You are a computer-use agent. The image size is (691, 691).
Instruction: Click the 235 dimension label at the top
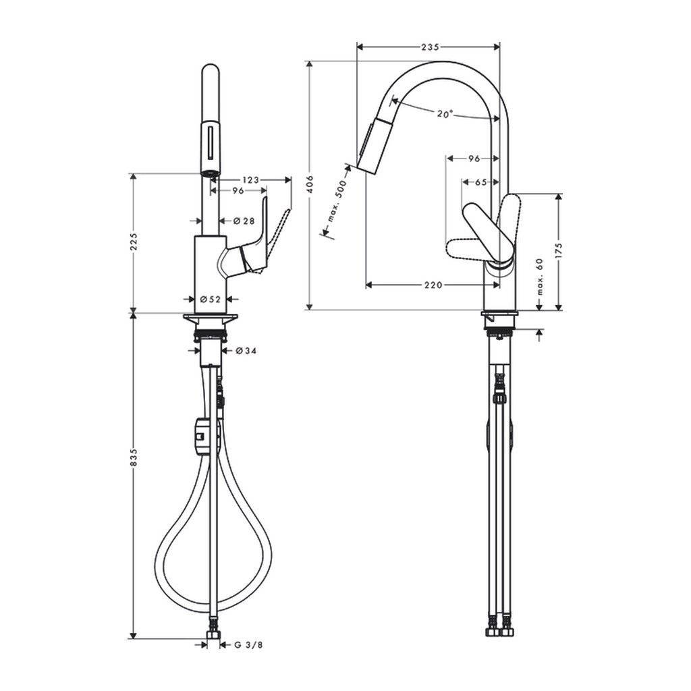[430, 47]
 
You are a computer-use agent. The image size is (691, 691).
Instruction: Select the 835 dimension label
[134, 458]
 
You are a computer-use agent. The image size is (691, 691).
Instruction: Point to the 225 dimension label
[134, 242]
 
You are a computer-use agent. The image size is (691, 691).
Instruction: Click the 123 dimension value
[251, 179]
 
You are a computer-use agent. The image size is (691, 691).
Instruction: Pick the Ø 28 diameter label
[244, 221]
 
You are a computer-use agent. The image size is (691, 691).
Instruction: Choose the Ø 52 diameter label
[211, 299]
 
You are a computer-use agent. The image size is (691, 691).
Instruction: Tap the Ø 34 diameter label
[246, 351]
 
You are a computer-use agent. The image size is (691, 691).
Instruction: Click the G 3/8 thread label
[248, 645]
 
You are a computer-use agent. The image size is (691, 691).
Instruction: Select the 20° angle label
[445, 113]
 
